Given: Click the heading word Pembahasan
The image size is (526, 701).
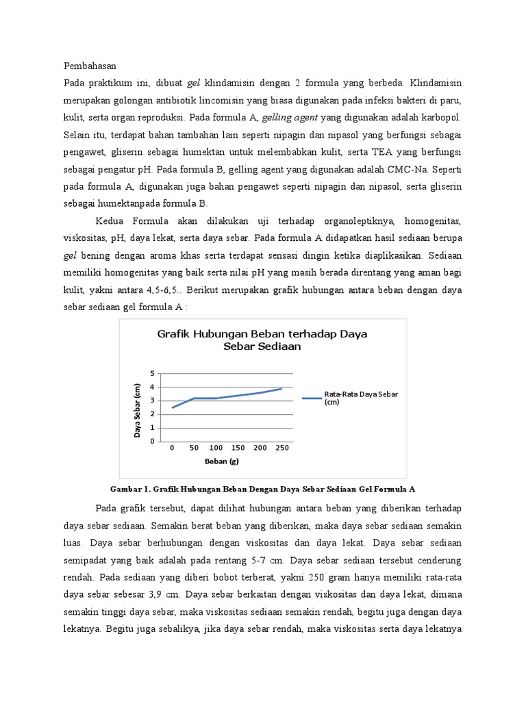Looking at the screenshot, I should (90, 66).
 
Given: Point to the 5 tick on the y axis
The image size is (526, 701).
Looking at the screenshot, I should (153, 373).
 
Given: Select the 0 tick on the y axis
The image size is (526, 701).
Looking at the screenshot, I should (153, 442).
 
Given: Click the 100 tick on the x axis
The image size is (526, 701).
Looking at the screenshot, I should (216, 448).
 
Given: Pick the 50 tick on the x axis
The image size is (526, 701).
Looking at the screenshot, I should (194, 448).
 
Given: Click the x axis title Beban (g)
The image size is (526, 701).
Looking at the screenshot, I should (221, 461).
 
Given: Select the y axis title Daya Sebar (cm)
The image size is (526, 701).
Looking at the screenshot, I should (138, 410).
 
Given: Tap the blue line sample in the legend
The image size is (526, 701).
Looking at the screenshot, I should (311, 397).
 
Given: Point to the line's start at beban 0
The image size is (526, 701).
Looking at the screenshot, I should (172, 407).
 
